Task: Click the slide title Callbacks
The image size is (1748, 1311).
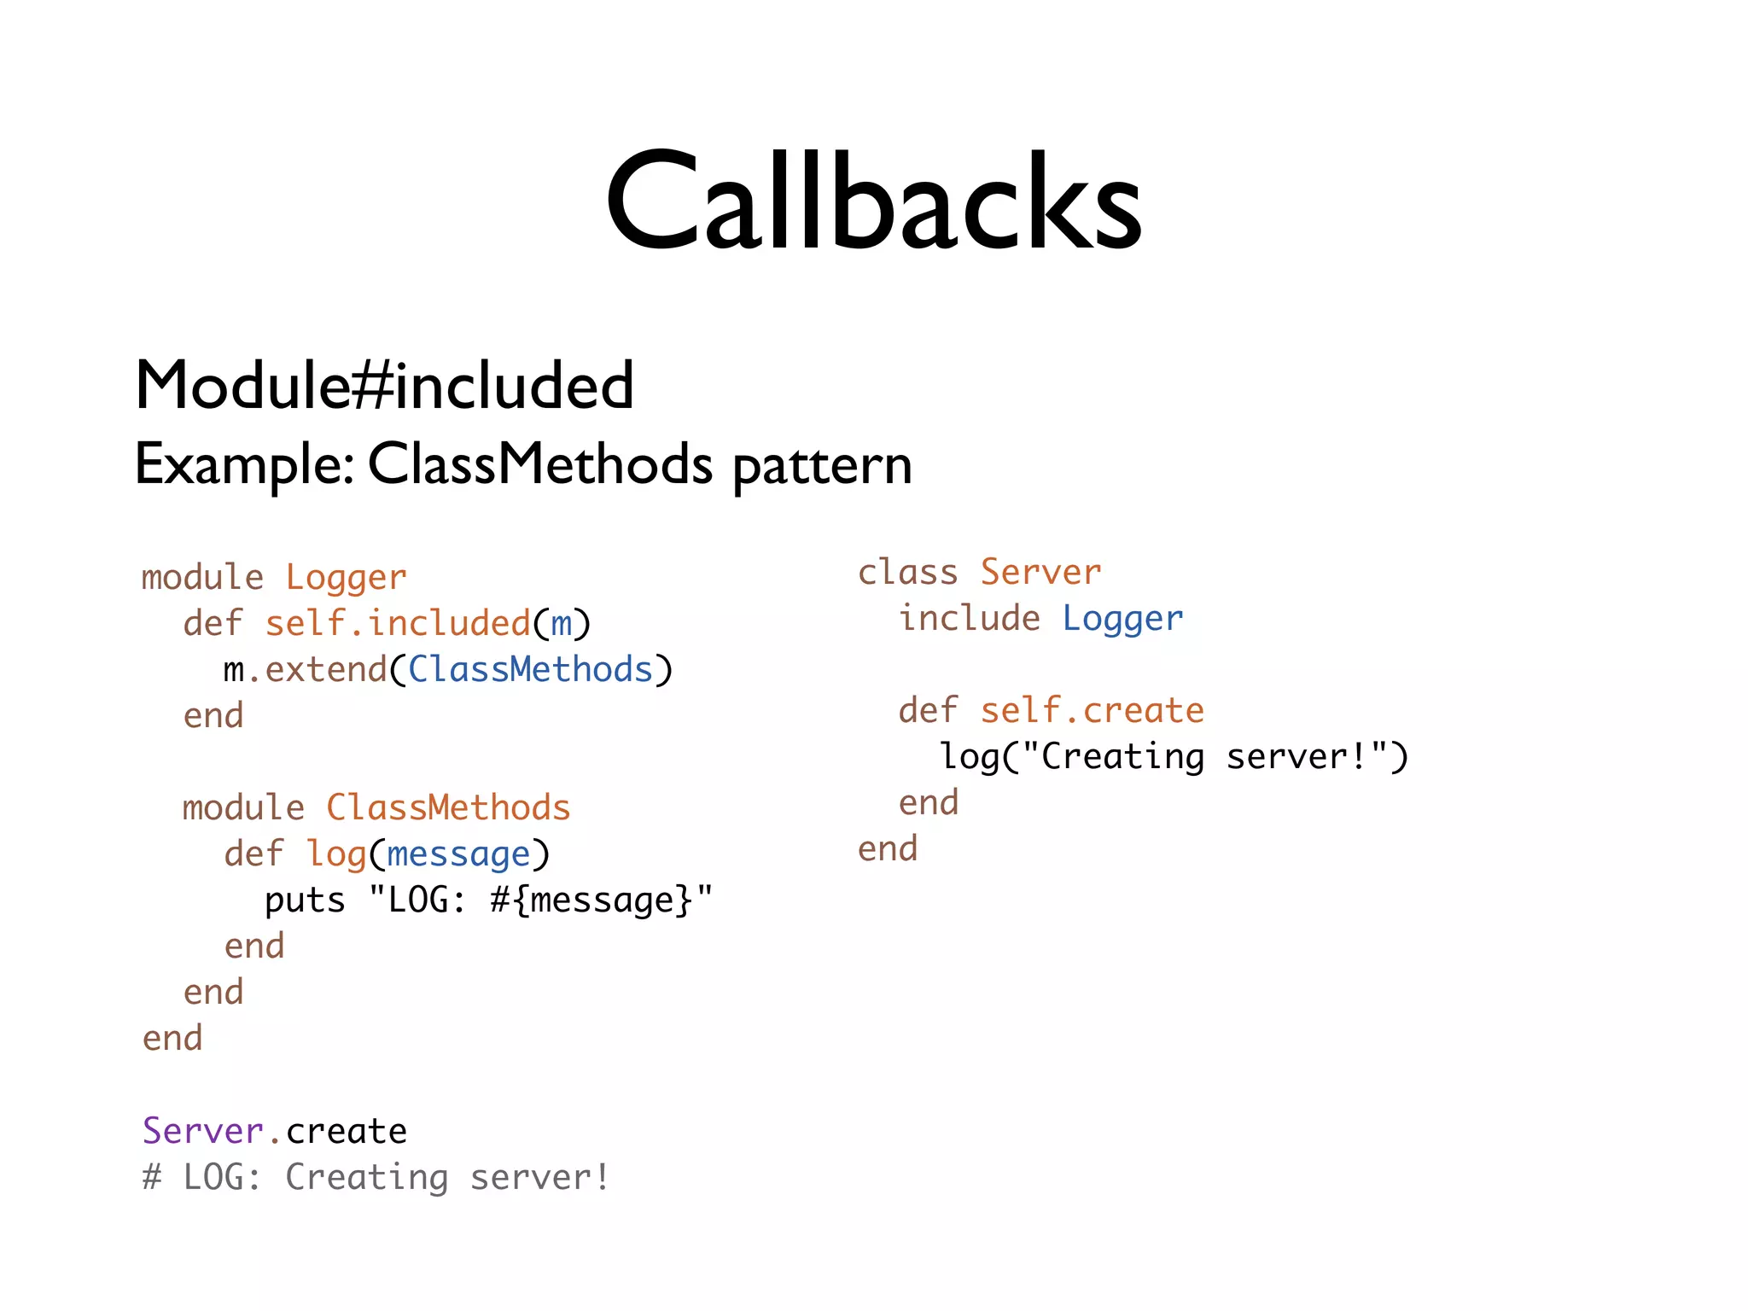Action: pyautogui.click(x=873, y=202)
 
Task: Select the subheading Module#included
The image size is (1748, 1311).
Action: pyautogui.click(x=384, y=386)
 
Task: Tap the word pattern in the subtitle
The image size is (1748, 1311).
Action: pyautogui.click(x=822, y=466)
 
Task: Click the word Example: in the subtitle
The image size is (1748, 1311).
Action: pyautogui.click(x=244, y=466)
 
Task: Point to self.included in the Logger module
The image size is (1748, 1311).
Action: pyautogui.click(x=398, y=624)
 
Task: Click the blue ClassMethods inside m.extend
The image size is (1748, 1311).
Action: pyautogui.click(x=530, y=670)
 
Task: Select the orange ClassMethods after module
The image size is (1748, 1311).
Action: pyautogui.click(x=448, y=808)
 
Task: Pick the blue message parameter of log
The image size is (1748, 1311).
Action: pyautogui.click(x=458, y=854)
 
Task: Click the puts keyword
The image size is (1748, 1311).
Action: pyautogui.click(x=305, y=900)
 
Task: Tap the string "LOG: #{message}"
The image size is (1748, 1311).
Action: pyautogui.click(x=540, y=900)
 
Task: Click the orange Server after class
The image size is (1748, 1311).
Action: pyautogui.click(x=1040, y=573)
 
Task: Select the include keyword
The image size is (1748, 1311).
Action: pyautogui.click(x=970, y=619)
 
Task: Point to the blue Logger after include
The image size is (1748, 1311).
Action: pyautogui.click(x=1122, y=619)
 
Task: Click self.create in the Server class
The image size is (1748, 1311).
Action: pyautogui.click(x=1092, y=711)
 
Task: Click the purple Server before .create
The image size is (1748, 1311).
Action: pyautogui.click(x=203, y=1131)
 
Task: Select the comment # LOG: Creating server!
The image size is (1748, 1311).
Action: pyautogui.click(x=376, y=1178)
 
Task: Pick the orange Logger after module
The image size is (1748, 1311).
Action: pyautogui.click(x=346, y=578)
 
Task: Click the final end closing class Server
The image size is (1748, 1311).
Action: pyautogui.click(x=888, y=849)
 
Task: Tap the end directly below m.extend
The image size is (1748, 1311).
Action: pyautogui.click(x=213, y=716)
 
